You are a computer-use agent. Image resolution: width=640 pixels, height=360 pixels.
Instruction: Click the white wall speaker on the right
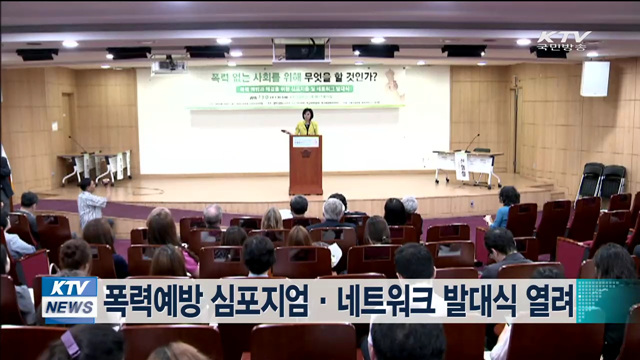(x=594, y=79)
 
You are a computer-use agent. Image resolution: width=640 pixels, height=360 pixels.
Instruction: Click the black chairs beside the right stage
(x=601, y=180)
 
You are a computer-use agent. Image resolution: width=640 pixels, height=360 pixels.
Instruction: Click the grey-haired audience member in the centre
(x=333, y=212)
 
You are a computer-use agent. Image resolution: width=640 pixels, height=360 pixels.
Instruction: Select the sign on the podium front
(x=306, y=142)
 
